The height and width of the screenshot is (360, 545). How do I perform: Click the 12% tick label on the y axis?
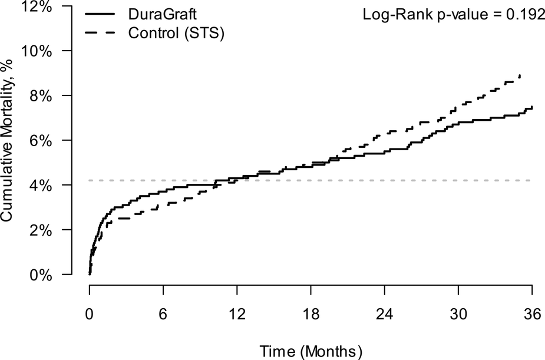(x=38, y=7)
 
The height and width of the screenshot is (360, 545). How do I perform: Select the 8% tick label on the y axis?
(x=42, y=95)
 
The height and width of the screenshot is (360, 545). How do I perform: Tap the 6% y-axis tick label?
(x=42, y=140)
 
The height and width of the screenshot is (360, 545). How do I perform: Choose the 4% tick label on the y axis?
(x=42, y=185)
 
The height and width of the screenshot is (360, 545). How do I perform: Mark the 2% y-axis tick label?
(x=42, y=230)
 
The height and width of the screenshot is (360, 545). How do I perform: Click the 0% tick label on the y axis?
(x=42, y=275)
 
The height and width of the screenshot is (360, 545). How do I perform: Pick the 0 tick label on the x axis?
(x=90, y=315)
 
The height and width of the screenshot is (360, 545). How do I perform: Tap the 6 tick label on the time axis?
(x=163, y=315)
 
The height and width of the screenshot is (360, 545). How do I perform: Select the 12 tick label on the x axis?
(x=237, y=315)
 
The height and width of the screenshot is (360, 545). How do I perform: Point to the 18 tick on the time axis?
(x=311, y=315)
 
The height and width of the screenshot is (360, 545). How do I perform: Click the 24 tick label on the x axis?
(x=385, y=315)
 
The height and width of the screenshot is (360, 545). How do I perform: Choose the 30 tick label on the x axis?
(x=458, y=315)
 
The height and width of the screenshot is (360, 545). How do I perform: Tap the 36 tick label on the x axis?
(x=532, y=315)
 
